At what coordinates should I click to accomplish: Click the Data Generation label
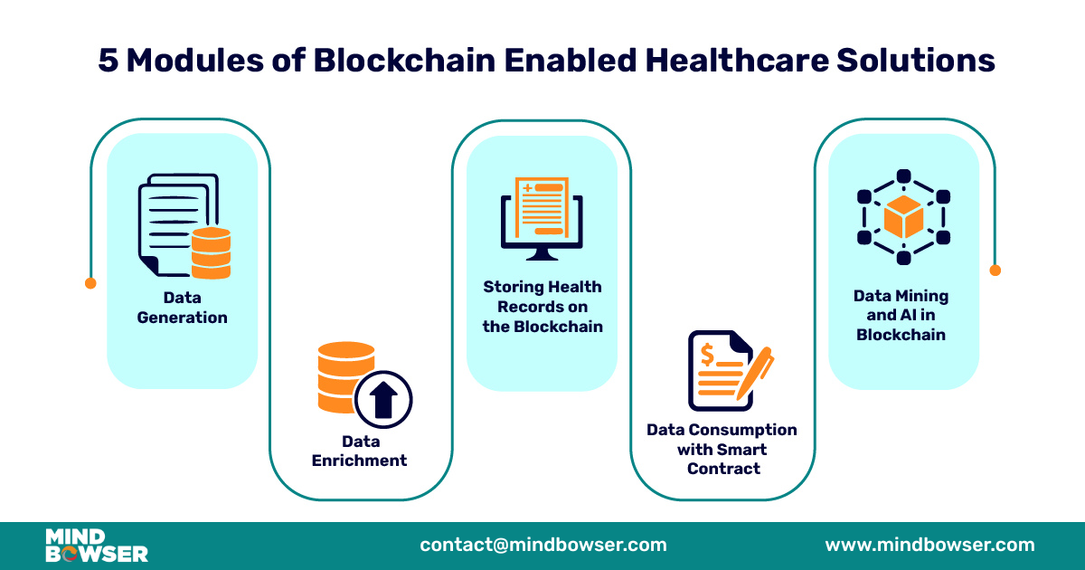click(182, 308)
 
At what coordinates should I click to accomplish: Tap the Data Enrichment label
click(359, 451)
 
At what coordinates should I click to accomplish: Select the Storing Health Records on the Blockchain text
click(542, 306)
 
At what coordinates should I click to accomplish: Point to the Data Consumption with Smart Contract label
click(722, 449)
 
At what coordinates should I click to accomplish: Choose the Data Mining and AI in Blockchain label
click(901, 315)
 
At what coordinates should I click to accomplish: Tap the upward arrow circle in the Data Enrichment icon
click(383, 397)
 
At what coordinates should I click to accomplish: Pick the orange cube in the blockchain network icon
click(903, 217)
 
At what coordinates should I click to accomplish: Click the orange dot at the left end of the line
click(90, 283)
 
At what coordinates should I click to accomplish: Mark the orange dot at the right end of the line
click(995, 270)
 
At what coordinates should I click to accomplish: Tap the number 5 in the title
click(108, 62)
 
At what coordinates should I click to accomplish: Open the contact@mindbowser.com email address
click(543, 545)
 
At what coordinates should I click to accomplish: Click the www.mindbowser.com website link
click(929, 545)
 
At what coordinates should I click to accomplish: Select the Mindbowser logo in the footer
click(97, 546)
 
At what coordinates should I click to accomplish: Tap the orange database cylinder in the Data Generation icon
click(211, 253)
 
